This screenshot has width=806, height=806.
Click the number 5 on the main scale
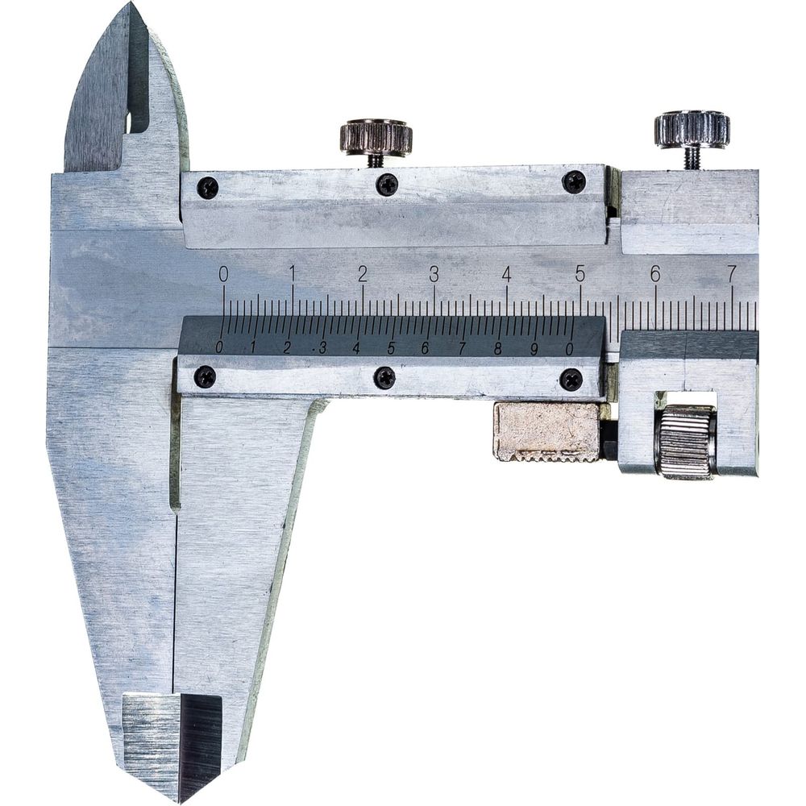point(580,273)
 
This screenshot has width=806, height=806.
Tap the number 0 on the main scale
point(223,275)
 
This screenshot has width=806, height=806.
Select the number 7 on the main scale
point(732,273)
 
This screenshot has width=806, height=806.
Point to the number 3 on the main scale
point(434,275)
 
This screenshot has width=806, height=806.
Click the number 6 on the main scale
point(654,273)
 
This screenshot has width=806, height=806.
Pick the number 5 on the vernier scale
point(391,348)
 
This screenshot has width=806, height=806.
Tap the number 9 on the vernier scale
point(534,349)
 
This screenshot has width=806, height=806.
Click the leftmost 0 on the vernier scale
point(220,347)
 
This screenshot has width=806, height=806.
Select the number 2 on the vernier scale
point(287,348)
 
